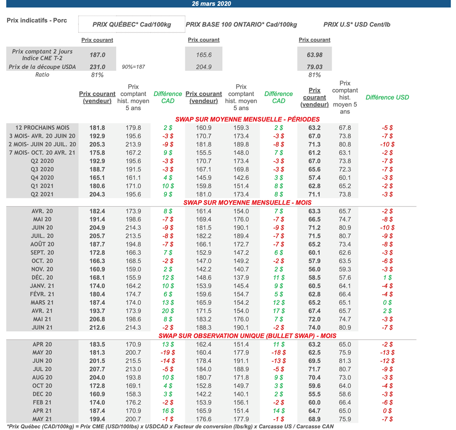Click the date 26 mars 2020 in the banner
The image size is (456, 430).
[x=212, y=4]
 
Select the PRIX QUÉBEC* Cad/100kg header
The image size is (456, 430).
[x=132, y=24]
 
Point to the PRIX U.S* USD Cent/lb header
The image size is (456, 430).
[x=357, y=24]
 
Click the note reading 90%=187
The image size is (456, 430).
[x=133, y=67]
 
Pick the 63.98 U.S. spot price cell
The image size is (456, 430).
[x=315, y=55]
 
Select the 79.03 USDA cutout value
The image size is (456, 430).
[x=315, y=67]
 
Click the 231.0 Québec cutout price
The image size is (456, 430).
[x=97, y=67]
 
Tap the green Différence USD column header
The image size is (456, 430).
[x=387, y=97]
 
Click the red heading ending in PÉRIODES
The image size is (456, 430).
[x=248, y=119]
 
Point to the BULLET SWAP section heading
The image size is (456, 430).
[x=248, y=336]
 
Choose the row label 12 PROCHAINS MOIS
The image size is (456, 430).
[x=42, y=128]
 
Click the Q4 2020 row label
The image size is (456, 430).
[x=42, y=178]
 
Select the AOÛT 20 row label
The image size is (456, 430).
[x=42, y=244]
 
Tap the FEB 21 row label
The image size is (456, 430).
[x=42, y=402]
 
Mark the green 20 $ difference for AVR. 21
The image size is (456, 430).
[x=168, y=311]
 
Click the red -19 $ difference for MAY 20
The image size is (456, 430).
[x=168, y=353]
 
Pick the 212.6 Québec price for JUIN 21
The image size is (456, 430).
[x=97, y=327]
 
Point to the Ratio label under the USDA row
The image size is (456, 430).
[x=42, y=75]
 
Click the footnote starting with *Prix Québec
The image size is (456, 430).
[x=170, y=426]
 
